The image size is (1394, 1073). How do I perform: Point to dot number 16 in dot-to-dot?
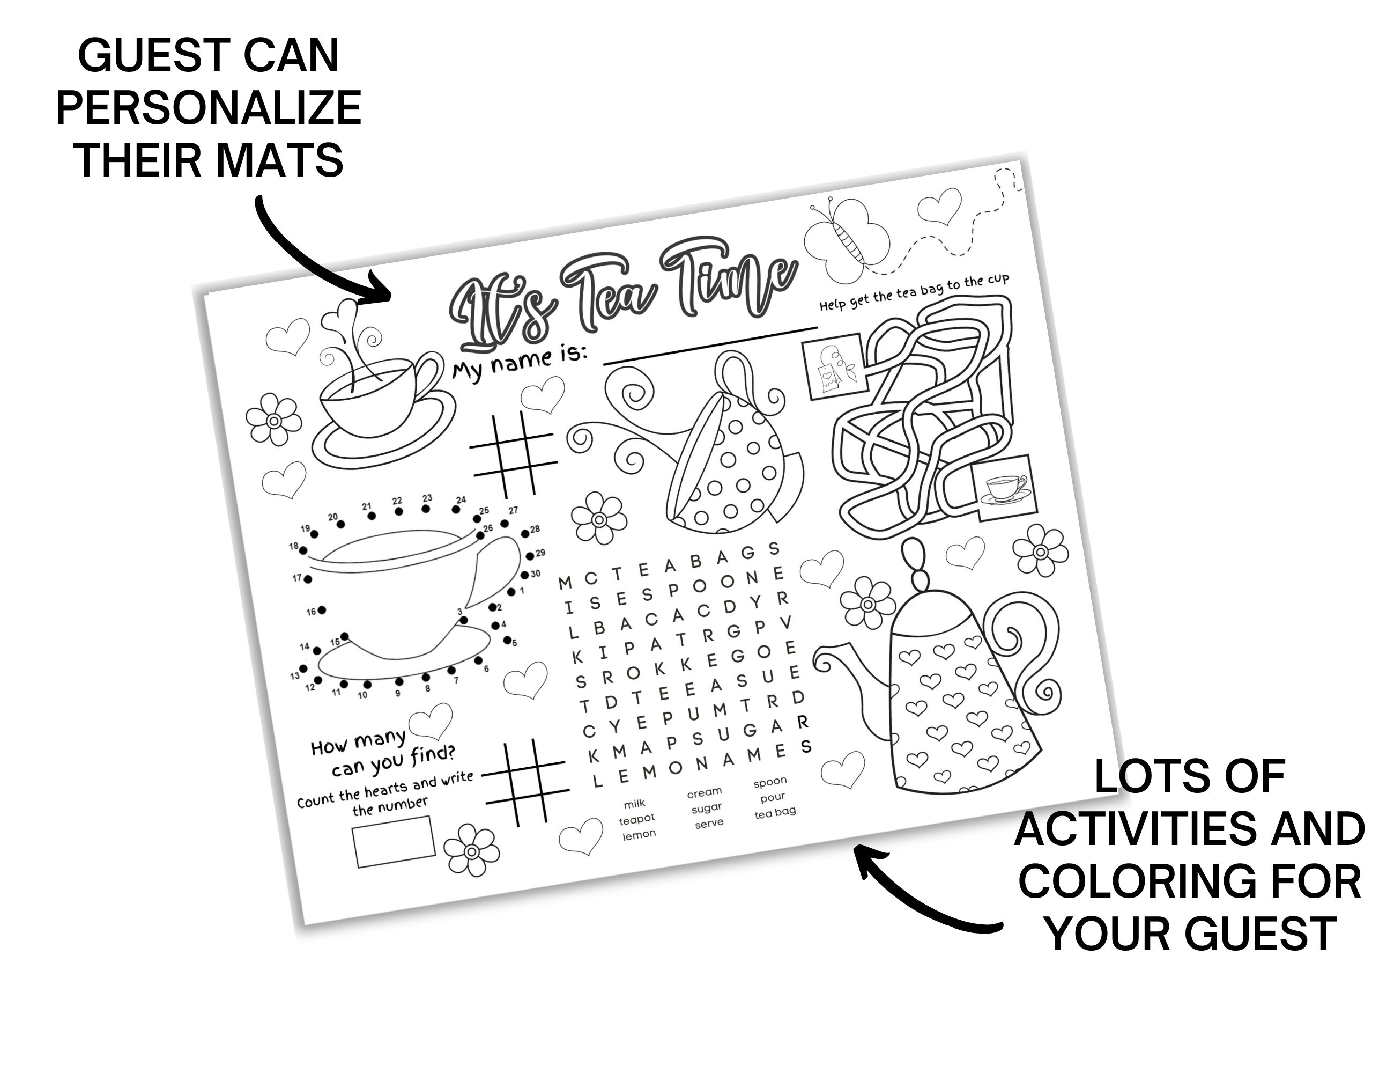[x=322, y=610]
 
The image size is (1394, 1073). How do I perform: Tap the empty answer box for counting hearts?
[x=395, y=842]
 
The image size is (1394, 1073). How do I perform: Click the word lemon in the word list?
[x=639, y=835]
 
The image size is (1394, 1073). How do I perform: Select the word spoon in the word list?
[x=770, y=782]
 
